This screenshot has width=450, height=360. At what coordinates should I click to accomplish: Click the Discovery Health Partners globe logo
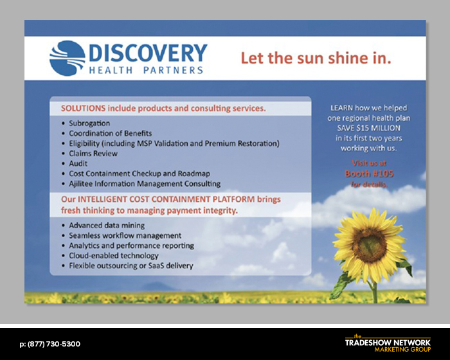[x=67, y=59]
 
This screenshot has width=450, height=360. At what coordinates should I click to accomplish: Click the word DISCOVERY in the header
[x=148, y=53]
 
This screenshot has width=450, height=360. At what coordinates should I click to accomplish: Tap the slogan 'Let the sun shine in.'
[x=316, y=58]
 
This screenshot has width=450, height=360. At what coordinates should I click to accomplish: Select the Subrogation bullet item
[x=89, y=123]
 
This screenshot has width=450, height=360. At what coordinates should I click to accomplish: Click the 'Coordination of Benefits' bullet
[x=110, y=134]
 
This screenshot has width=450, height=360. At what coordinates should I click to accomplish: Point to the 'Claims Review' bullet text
[x=93, y=154]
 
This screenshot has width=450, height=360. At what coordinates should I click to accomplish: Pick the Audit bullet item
[x=78, y=164]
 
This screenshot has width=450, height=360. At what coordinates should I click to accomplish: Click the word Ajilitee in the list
[x=81, y=184]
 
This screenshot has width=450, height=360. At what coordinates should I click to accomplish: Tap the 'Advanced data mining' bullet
[x=107, y=226]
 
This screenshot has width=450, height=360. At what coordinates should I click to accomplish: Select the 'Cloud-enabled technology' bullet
[x=114, y=255]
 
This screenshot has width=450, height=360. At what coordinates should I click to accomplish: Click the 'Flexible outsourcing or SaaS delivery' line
[x=131, y=266]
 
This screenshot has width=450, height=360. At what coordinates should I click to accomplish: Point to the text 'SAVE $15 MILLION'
[x=369, y=128]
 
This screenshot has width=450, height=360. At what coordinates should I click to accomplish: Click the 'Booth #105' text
[x=369, y=174]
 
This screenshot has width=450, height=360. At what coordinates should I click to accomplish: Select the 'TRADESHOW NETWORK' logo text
[x=388, y=343]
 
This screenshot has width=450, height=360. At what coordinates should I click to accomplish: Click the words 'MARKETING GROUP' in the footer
[x=402, y=349]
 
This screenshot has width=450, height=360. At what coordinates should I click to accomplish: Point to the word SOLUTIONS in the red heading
[x=83, y=109]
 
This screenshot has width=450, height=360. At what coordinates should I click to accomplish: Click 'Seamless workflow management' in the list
[x=125, y=236]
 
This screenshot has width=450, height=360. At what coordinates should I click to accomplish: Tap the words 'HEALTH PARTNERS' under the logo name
[x=146, y=70]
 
